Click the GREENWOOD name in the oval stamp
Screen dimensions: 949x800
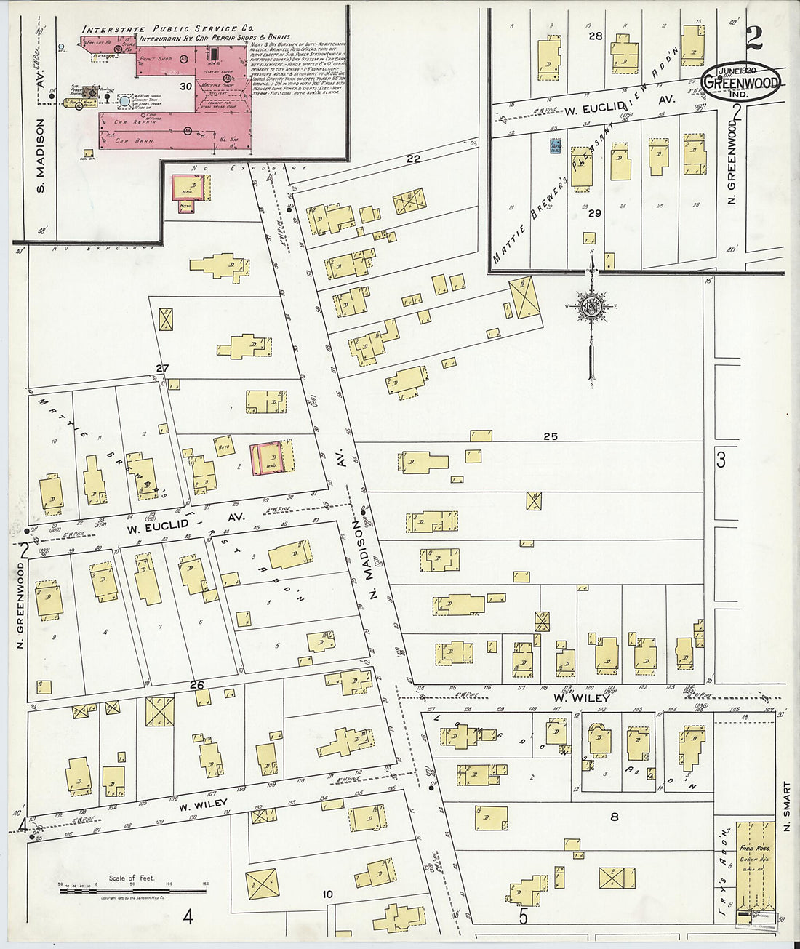click(741, 83)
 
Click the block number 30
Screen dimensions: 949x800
click(186, 86)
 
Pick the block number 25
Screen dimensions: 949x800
click(550, 436)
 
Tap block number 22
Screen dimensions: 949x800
click(414, 159)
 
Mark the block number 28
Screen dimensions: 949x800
click(596, 36)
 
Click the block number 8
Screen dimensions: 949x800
click(615, 817)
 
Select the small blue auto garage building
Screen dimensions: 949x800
click(554, 146)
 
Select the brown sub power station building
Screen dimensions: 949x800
click(90, 92)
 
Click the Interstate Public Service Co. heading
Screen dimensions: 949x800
click(167, 29)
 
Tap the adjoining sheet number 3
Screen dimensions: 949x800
click(721, 460)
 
